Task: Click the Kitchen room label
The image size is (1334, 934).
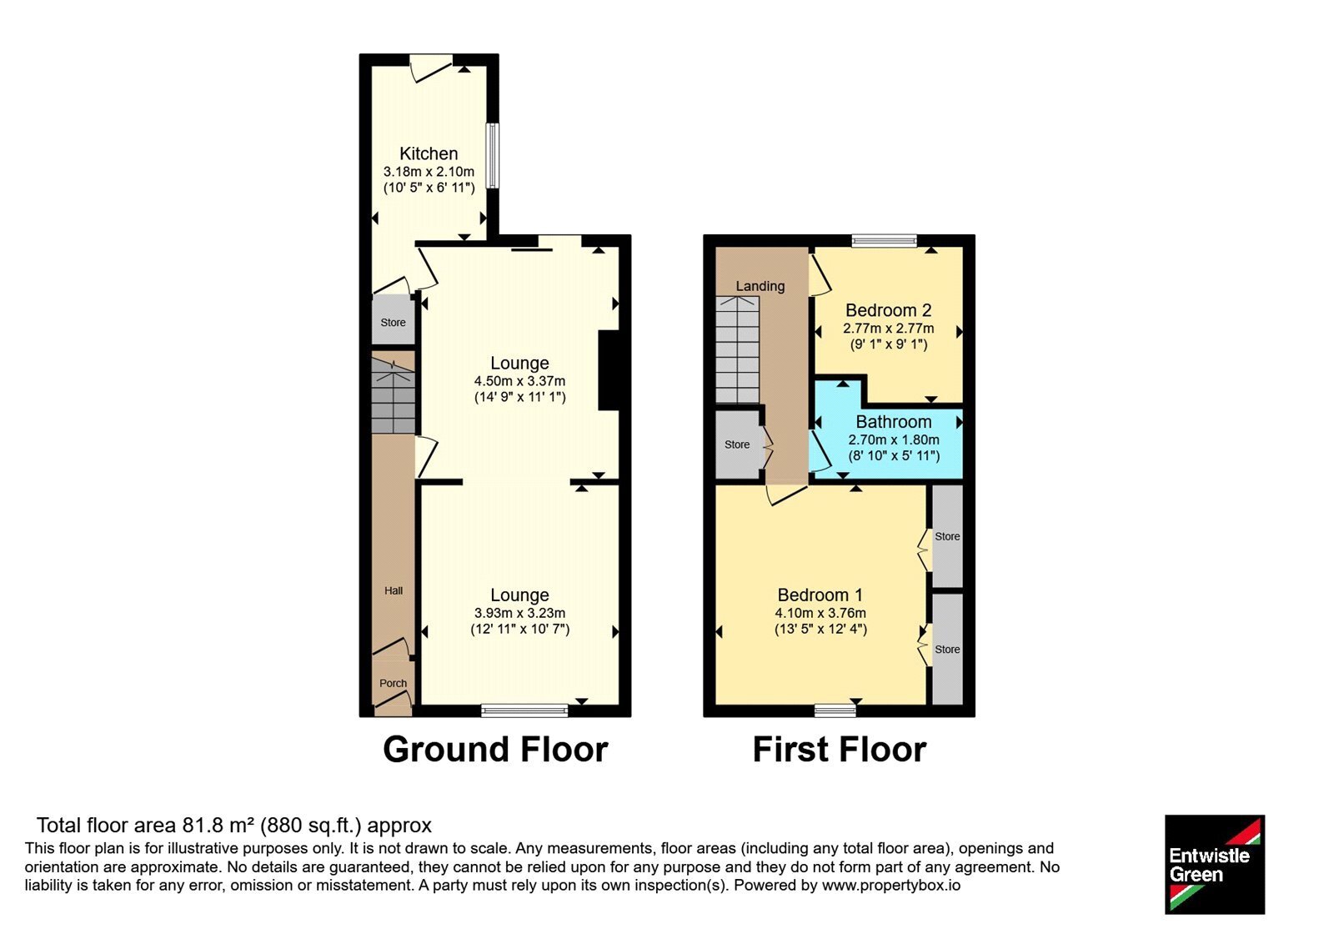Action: coord(429,153)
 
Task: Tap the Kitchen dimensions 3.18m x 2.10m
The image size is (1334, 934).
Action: coord(429,172)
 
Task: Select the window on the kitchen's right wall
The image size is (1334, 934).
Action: coord(493,155)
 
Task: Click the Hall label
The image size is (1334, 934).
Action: coord(393,591)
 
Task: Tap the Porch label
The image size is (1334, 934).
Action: coord(393,683)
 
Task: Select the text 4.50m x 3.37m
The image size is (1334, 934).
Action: coord(520,381)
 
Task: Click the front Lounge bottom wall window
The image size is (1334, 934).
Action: coord(524,710)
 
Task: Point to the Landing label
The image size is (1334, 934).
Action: coord(760,286)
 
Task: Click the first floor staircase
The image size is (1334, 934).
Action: coord(737,349)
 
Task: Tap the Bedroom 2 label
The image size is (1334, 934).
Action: coord(889,310)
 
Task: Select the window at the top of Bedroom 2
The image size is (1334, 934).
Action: coord(885,241)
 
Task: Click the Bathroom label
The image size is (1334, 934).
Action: coord(894,422)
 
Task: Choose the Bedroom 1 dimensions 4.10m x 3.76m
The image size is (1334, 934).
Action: coord(820,613)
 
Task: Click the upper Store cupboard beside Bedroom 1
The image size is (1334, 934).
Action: coord(947,536)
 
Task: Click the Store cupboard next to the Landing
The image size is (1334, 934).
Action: coord(737,444)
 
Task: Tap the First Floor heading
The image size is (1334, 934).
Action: coord(840,750)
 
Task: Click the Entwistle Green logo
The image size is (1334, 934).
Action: coord(1215,864)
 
